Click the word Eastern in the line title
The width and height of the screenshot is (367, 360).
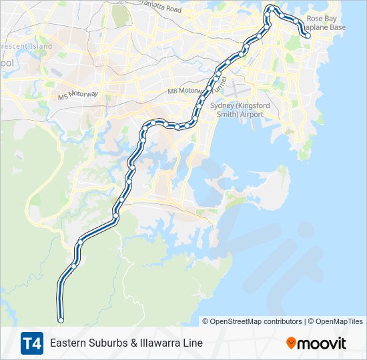click(x=68, y=343)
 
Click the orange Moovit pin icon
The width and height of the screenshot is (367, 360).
click(x=291, y=343)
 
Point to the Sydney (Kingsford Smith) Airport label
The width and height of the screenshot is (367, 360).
click(x=240, y=110)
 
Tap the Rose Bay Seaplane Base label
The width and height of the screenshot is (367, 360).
click(x=326, y=23)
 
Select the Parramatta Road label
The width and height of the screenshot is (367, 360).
click(x=156, y=9)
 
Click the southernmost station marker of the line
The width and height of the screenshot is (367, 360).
click(x=61, y=321)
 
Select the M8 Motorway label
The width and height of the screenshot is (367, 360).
click(x=184, y=90)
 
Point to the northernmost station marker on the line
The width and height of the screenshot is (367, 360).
click(x=272, y=8)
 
